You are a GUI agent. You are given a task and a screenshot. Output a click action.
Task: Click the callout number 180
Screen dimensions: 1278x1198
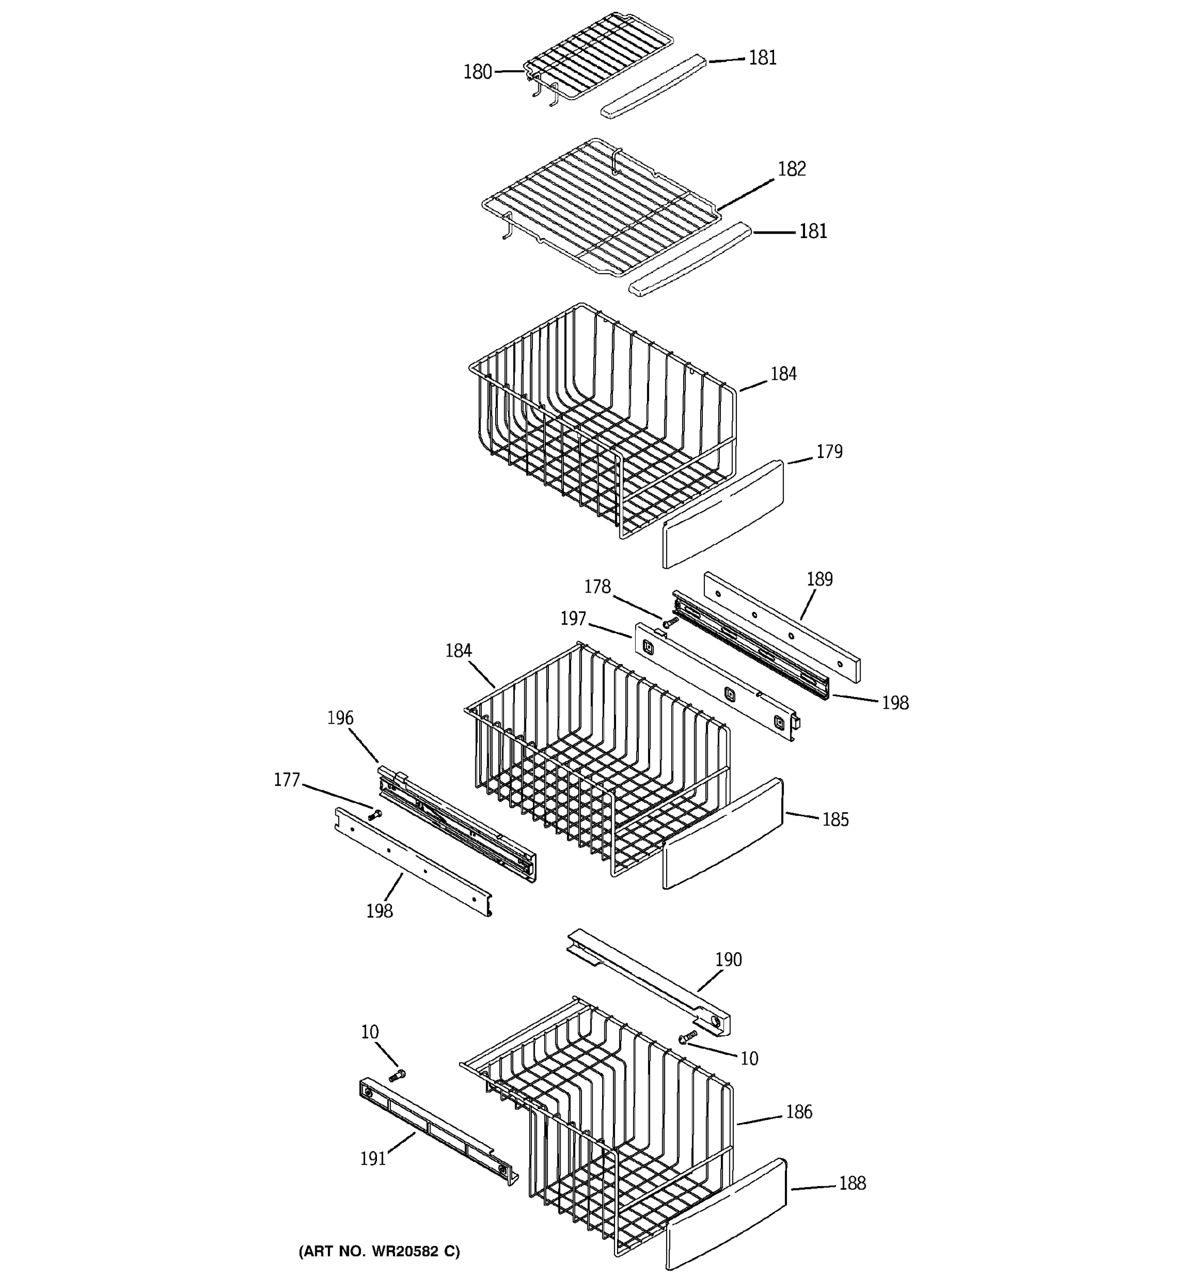point(478,72)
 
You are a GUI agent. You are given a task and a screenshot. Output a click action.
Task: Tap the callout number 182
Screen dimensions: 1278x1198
point(791,169)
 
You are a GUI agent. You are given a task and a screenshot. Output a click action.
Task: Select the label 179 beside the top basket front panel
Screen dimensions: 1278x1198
point(829,452)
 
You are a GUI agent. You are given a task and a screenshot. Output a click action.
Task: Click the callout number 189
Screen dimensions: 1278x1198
point(819,579)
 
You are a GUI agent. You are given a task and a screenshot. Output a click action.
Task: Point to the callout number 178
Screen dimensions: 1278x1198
point(597,587)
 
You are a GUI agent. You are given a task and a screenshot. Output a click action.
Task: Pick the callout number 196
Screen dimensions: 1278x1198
point(340,718)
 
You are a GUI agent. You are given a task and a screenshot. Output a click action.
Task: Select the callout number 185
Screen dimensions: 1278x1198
point(835,820)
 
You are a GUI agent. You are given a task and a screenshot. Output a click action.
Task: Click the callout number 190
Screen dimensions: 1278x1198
point(728,960)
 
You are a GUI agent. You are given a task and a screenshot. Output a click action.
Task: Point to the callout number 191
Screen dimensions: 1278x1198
point(373,1159)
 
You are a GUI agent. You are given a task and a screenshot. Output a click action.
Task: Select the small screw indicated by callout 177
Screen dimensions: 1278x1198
point(374,815)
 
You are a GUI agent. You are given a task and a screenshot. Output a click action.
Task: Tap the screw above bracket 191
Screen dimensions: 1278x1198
point(397,1075)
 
